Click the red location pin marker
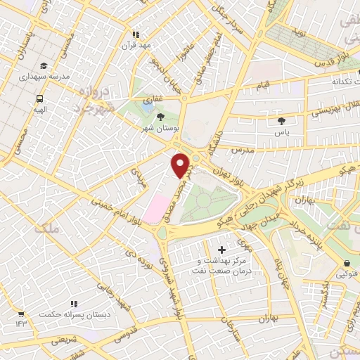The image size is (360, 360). click(x=181, y=165)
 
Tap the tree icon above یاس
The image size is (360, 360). click(x=281, y=121)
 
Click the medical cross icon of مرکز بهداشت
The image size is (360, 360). click(x=222, y=250)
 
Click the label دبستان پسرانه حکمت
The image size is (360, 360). click(x=75, y=316)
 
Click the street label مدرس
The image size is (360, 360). click(x=243, y=152)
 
